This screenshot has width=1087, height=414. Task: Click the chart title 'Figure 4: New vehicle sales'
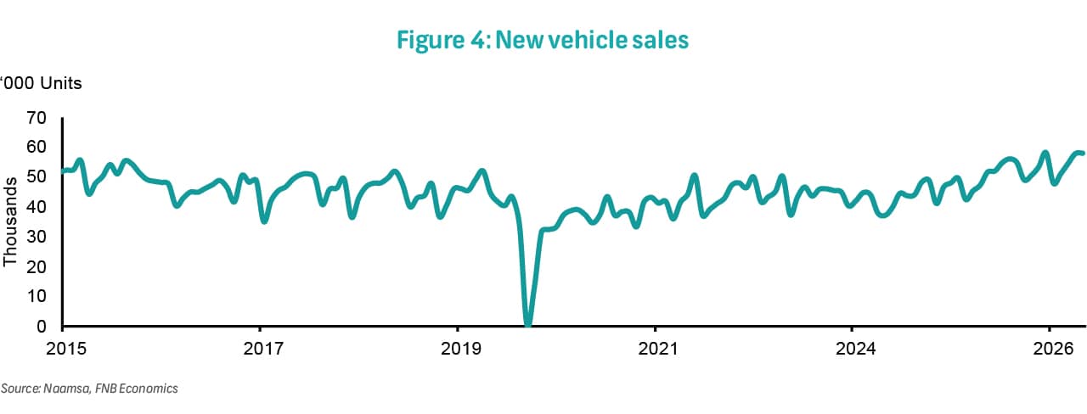pyautogui.click(x=543, y=40)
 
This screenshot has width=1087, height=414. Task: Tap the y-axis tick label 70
pyautogui.click(x=37, y=118)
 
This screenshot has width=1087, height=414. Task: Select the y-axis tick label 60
pyautogui.click(x=37, y=147)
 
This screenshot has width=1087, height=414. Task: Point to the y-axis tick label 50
pyautogui.click(x=37, y=176)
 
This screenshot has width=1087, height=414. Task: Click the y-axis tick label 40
pyautogui.click(x=37, y=207)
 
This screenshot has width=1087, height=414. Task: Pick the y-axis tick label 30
pyautogui.click(x=37, y=237)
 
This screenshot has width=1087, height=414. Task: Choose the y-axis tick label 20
pyautogui.click(x=37, y=266)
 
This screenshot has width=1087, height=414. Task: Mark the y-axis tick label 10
pyautogui.click(x=37, y=296)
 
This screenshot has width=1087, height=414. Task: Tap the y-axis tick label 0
pyautogui.click(x=42, y=327)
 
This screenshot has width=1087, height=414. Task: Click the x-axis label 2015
pyautogui.click(x=66, y=349)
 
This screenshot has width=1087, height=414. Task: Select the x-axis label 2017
pyautogui.click(x=263, y=349)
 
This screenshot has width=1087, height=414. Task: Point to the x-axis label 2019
pyautogui.click(x=461, y=349)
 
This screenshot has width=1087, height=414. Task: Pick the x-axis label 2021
pyautogui.click(x=658, y=349)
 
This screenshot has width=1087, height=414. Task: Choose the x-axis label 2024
pyautogui.click(x=855, y=349)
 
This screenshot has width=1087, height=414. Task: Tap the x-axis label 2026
pyautogui.click(x=1053, y=349)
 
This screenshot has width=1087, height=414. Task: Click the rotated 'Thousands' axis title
pyautogui.click(x=10, y=222)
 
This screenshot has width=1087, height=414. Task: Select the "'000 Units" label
pyautogui.click(x=41, y=83)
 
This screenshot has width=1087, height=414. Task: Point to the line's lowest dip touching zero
pyautogui.click(x=528, y=324)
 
